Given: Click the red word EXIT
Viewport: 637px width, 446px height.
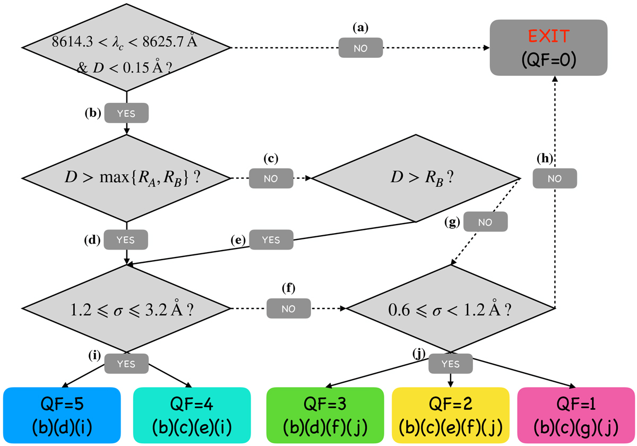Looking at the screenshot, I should click(x=549, y=37).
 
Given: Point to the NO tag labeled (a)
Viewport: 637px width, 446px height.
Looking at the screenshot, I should click(x=361, y=48).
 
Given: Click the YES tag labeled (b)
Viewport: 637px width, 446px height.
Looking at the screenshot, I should click(x=126, y=113).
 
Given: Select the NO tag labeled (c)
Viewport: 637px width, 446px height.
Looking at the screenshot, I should click(x=271, y=177).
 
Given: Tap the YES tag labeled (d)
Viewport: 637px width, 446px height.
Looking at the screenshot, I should click(x=126, y=239).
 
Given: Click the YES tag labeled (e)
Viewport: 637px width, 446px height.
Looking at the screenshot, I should click(x=271, y=239).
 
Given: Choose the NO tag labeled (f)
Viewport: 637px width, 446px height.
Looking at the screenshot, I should click(x=289, y=308).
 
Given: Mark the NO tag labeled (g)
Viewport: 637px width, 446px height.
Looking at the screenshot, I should click(x=485, y=221).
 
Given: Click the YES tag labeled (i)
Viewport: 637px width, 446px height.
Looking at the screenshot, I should click(x=126, y=364).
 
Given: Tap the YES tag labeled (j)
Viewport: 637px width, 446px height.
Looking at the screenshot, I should click(x=451, y=364).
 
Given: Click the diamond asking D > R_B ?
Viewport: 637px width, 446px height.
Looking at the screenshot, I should click(x=415, y=178).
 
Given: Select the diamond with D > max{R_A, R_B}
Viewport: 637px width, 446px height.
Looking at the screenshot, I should click(x=126, y=178).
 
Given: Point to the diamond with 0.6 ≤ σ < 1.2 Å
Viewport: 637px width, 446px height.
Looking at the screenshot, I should click(x=451, y=308).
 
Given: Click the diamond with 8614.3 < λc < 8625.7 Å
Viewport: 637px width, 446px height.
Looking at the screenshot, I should click(x=126, y=48).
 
